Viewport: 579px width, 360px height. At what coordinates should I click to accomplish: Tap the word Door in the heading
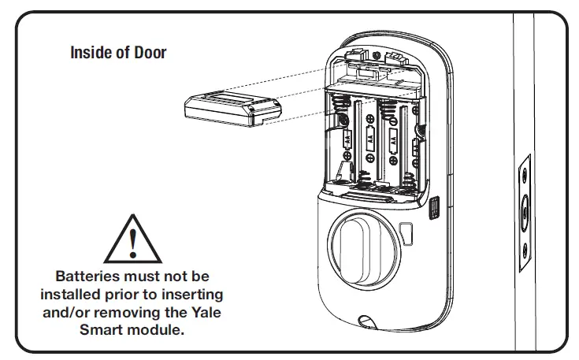point(150,53)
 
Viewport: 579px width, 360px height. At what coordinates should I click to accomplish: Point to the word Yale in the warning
point(206,313)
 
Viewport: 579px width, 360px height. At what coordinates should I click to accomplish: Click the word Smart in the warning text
point(98,330)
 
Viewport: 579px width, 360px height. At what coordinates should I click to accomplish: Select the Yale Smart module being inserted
point(232,109)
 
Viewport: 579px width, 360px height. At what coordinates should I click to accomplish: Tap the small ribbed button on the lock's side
point(434,208)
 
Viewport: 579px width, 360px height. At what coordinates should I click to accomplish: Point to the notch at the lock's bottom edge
point(366,322)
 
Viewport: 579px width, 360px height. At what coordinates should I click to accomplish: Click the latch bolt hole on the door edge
point(525,213)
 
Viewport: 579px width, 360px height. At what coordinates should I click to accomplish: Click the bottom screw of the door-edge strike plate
point(525,251)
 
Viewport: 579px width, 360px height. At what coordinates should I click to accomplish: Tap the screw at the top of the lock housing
point(377,55)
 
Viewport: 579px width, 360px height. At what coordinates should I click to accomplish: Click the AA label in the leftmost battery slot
point(347,140)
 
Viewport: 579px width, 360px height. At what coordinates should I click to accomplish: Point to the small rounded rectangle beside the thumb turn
point(406,234)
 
